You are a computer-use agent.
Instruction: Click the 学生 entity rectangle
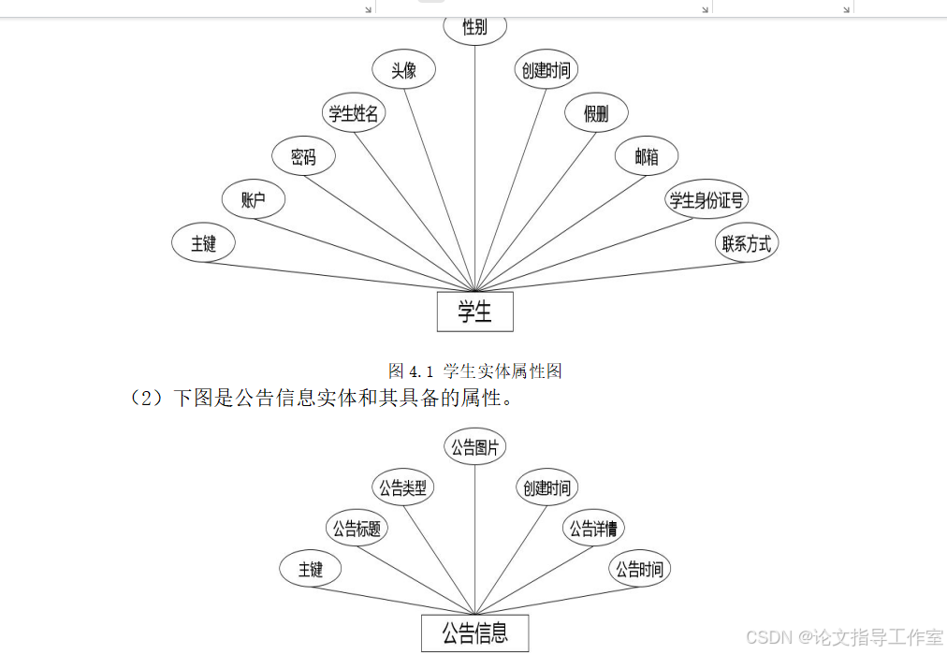point(474,312)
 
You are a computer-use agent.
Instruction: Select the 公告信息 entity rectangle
point(474,633)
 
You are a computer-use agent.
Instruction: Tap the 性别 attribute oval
point(474,27)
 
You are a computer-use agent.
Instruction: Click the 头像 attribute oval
point(403,70)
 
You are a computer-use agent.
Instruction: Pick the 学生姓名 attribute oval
point(354,113)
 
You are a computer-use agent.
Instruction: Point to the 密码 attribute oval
point(303,156)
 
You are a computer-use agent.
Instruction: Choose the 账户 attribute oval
point(254,199)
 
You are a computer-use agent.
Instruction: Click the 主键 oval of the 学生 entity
point(203,243)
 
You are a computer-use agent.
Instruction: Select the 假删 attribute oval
point(596,113)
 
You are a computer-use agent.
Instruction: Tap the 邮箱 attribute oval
point(647,156)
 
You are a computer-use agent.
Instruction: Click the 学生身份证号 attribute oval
point(707,199)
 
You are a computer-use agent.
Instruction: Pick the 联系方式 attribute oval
point(747,243)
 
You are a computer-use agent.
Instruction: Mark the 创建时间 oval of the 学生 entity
point(546,70)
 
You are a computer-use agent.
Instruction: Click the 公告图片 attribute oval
point(474,447)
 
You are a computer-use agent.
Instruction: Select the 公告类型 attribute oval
point(403,487)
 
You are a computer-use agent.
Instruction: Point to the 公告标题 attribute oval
point(356,529)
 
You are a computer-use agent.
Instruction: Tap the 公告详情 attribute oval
point(594,529)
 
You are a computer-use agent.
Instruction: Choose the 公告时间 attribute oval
point(640,569)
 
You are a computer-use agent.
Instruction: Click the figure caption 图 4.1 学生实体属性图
point(475,371)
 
